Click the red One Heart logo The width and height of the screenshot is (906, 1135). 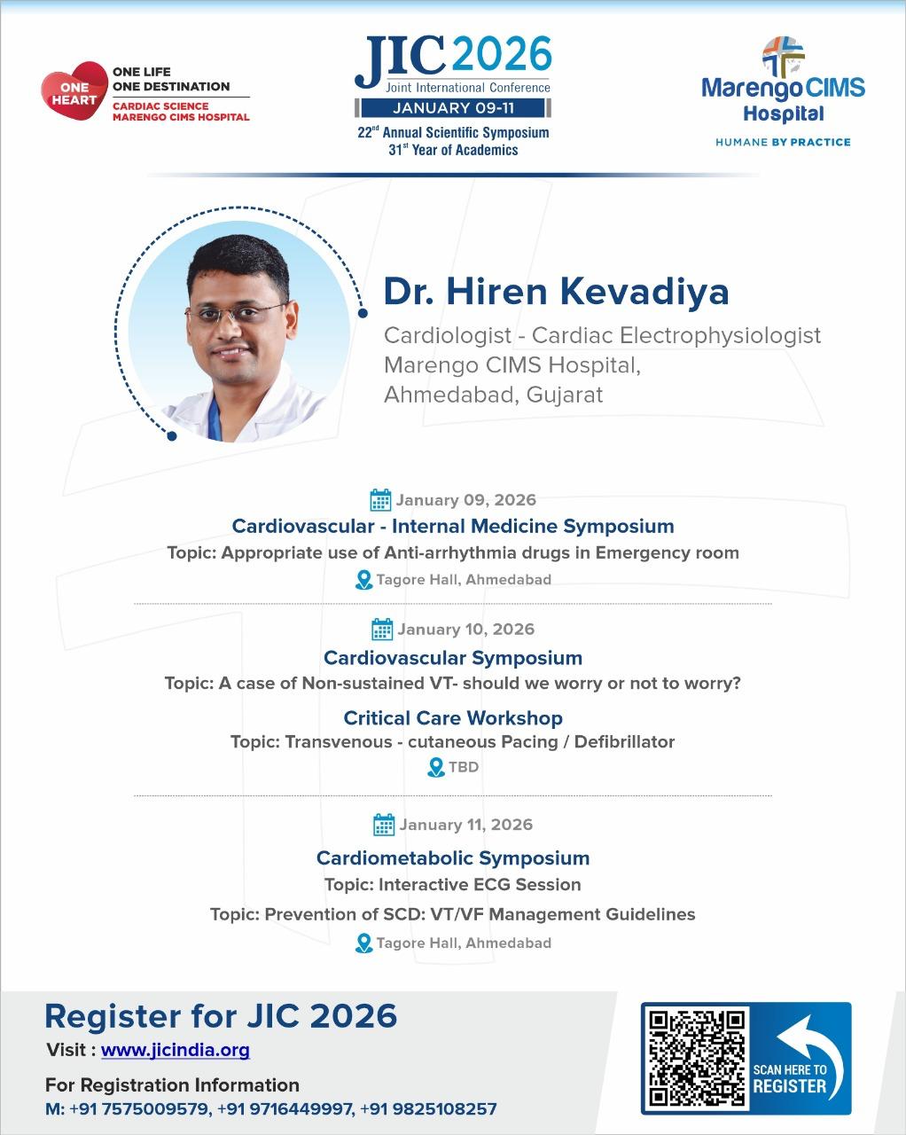(74, 90)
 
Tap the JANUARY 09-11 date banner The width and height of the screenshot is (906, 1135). (453, 108)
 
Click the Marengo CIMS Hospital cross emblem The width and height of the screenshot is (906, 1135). (783, 57)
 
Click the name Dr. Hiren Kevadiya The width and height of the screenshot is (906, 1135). (557, 291)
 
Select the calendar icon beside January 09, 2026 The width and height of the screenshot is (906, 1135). (380, 499)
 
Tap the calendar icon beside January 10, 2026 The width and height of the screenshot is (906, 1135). (382, 629)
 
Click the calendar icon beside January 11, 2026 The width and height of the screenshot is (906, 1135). (383, 825)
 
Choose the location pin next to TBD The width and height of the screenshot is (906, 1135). (435, 767)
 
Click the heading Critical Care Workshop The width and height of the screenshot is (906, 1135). (453, 718)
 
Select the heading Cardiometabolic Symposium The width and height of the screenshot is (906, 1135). (453, 858)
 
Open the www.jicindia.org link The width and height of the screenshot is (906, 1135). (175, 1051)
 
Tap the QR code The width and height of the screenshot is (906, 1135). (697, 1059)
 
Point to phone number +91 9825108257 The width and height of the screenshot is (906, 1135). (428, 1108)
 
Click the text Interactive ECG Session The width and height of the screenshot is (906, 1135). (480, 884)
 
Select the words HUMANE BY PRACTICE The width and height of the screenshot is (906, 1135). (783, 142)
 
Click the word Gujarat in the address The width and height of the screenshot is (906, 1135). (565, 395)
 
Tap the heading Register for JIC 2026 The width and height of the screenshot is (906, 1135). (221, 1016)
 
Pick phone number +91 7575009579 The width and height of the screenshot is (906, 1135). (141, 1108)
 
